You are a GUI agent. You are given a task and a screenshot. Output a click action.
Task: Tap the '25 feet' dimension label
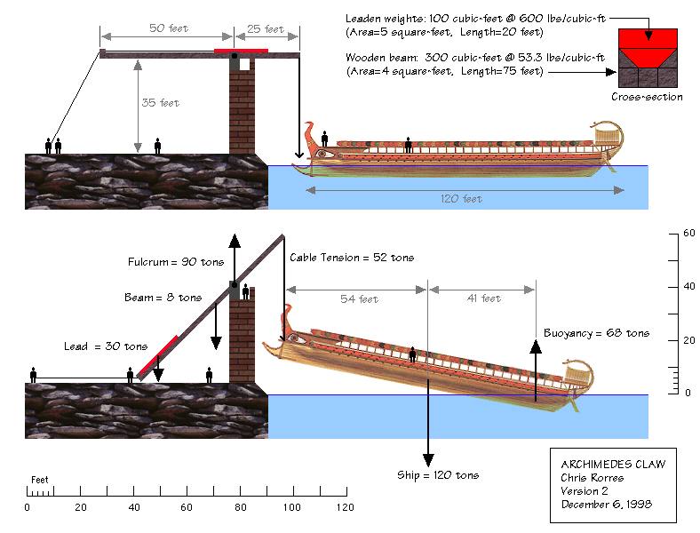(266, 29)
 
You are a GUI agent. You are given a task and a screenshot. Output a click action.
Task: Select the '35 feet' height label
(161, 103)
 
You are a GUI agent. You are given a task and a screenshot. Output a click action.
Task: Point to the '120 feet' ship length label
(461, 199)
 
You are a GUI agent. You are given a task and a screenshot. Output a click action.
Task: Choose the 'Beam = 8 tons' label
(163, 298)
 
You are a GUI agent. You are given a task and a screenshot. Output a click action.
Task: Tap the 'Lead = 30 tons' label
(106, 346)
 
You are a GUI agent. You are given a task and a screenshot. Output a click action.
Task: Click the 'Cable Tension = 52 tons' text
(352, 258)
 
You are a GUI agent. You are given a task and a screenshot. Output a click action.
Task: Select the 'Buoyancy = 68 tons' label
(596, 333)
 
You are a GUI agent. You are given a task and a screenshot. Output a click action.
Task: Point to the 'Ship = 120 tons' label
(438, 475)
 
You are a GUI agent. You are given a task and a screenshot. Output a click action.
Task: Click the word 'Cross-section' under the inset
(647, 97)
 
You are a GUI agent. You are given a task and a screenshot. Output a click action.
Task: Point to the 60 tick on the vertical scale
(687, 233)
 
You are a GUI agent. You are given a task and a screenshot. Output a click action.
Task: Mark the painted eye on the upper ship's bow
(322, 154)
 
